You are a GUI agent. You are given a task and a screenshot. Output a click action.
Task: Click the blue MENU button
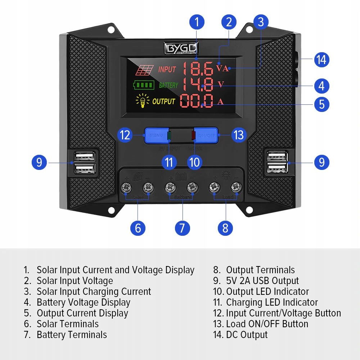coord(156,135)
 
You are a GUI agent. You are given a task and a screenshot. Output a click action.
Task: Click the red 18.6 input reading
coord(197,68)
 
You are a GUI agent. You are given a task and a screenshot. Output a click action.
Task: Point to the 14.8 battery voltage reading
coord(198,85)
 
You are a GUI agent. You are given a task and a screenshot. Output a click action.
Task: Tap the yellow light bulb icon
coord(143,101)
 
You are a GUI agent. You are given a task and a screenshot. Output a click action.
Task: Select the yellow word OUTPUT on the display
coord(163,102)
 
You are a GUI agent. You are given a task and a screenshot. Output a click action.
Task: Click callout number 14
coord(321,59)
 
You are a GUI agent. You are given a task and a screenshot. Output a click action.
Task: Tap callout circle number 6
coord(138,228)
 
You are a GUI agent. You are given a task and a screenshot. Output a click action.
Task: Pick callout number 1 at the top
coord(197,22)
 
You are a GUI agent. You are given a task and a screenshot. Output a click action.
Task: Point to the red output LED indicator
coord(193,135)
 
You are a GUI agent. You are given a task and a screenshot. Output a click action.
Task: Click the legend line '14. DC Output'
coord(240,335)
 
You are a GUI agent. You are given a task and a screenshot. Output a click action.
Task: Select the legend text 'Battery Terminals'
coord(72,335)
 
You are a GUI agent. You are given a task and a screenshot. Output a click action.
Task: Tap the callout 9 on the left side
coord(39,163)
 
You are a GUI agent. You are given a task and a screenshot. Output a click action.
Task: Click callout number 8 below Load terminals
coord(225,228)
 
